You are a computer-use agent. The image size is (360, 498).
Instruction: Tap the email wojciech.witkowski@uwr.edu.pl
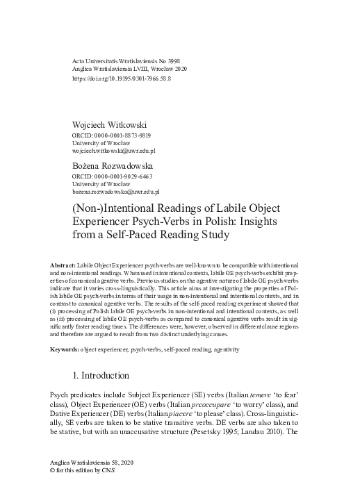(x=114, y=151)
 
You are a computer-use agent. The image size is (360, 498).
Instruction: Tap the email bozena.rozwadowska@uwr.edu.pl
(x=116, y=192)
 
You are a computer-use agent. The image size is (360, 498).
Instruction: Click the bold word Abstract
(x=63, y=267)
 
